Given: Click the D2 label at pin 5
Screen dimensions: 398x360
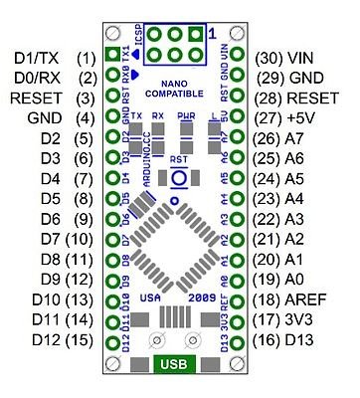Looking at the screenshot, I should pos(26,137).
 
